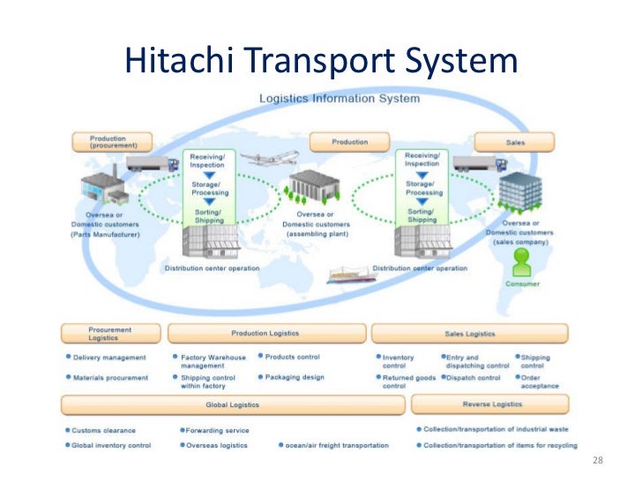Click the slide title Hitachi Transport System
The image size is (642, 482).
tap(320, 60)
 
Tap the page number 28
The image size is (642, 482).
tap(598, 462)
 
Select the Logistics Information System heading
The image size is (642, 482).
tap(339, 98)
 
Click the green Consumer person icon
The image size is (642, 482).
tap(523, 262)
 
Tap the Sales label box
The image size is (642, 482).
tap(514, 141)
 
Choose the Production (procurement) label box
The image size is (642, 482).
tap(108, 141)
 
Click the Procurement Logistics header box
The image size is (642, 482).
tap(110, 333)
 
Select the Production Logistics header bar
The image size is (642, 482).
tap(265, 333)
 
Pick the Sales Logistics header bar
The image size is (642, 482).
tap(469, 334)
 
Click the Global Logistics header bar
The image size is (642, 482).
tap(233, 403)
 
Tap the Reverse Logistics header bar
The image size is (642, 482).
tap(489, 403)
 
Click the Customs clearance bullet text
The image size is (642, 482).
tap(104, 431)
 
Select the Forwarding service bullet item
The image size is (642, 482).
tap(217, 431)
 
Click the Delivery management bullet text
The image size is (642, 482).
tap(109, 358)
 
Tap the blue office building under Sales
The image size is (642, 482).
tap(519, 195)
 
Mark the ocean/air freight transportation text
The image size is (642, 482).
tap(336, 446)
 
